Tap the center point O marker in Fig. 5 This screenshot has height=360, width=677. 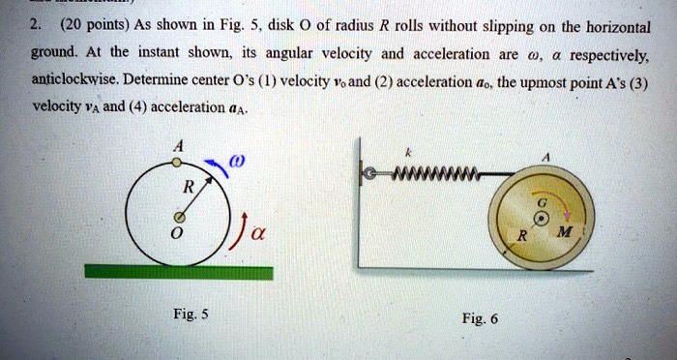pos(175,216)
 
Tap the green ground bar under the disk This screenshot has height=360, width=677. pos(175,270)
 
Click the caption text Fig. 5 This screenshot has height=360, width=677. pos(175,314)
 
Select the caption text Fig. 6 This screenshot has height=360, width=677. pos(480,318)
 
